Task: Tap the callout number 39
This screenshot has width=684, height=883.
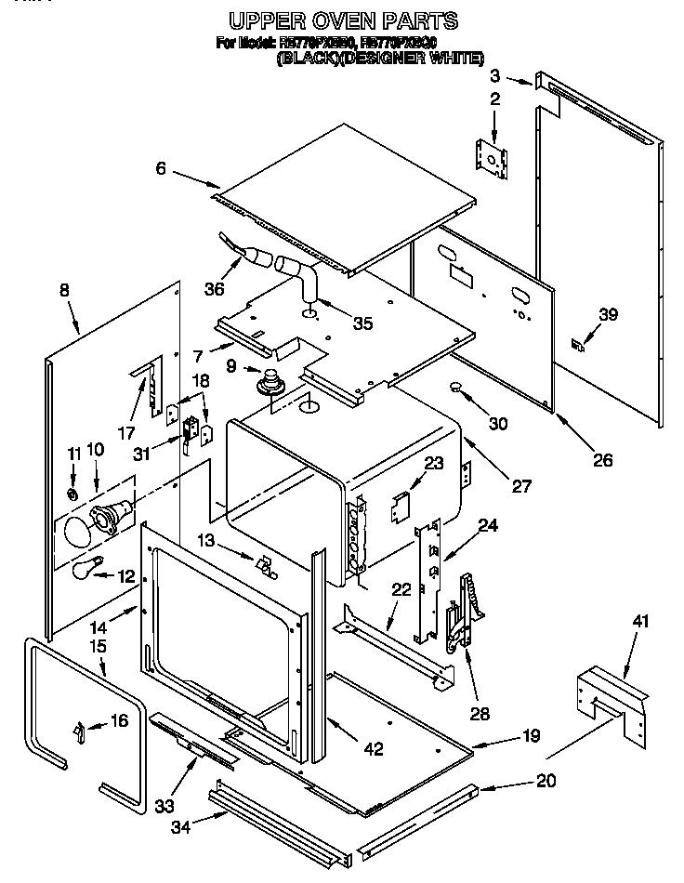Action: coord(607,315)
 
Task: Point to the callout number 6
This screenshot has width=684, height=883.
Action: coord(161,168)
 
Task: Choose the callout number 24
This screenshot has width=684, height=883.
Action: coord(488,526)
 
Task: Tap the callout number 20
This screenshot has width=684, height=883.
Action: coord(546,781)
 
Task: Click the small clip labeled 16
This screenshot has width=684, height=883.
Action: coord(79,733)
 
